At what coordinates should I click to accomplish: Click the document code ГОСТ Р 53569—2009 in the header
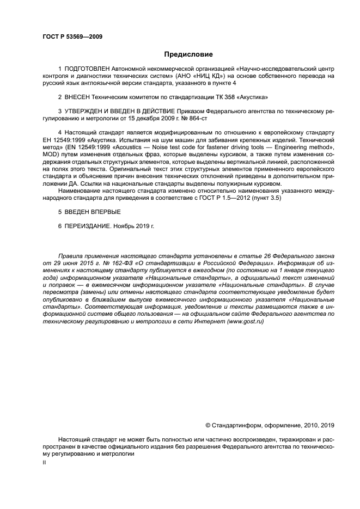(72, 36)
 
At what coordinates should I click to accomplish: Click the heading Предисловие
(188, 54)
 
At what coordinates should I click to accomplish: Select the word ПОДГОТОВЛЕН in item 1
(87, 69)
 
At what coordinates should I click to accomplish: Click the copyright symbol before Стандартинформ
(208, 425)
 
